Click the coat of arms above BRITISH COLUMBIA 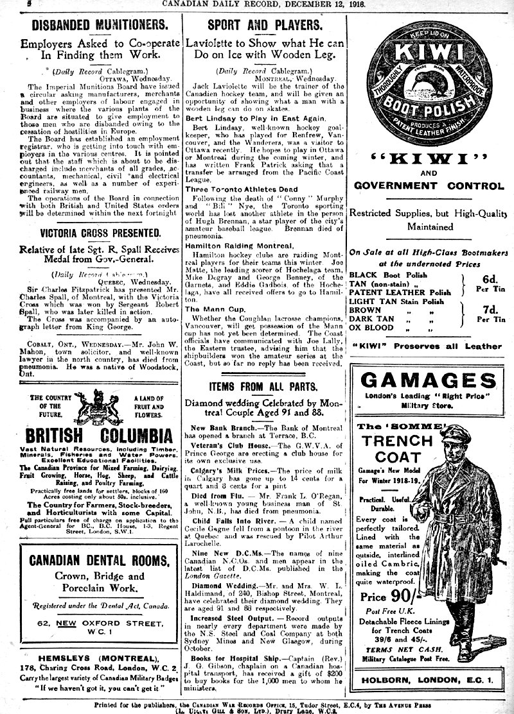point(100,411)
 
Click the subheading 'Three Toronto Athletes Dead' point(241,190)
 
